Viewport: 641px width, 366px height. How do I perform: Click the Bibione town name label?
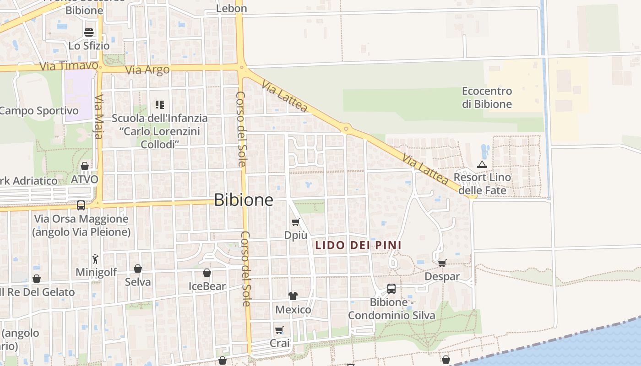point(244,200)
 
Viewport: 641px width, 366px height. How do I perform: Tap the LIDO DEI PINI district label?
point(359,245)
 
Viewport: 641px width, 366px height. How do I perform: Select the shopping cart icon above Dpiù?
point(296,222)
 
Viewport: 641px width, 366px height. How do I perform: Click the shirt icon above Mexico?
point(293,296)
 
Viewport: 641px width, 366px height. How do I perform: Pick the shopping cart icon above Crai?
point(279,330)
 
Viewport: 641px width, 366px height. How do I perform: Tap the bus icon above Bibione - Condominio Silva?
point(391,289)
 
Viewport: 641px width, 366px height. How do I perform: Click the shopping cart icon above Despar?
point(442,263)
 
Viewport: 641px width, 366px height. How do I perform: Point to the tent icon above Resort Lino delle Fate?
point(482,164)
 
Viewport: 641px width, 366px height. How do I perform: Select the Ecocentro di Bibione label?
point(487,97)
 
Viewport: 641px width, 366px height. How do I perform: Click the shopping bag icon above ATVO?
point(85,166)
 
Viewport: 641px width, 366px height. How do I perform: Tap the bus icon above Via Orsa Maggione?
point(81,205)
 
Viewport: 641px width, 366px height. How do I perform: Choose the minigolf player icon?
point(95,259)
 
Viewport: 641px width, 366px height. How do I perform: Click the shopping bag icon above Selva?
point(138,269)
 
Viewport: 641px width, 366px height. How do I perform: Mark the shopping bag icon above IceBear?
point(207,273)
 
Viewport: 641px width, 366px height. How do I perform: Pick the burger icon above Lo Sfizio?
point(89,32)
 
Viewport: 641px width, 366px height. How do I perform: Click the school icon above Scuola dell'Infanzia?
point(159,105)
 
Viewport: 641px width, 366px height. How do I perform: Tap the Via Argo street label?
point(147,70)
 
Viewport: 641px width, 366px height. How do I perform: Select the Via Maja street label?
point(99,117)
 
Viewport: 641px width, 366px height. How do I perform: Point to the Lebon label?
point(231,8)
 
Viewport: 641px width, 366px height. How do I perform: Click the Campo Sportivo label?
point(39,111)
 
